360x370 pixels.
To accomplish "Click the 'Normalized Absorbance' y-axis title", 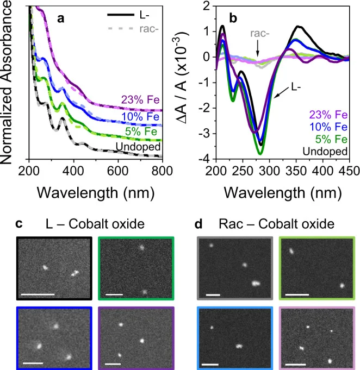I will [x=10, y=81].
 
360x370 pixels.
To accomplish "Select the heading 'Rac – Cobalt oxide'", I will [x=277, y=223].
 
